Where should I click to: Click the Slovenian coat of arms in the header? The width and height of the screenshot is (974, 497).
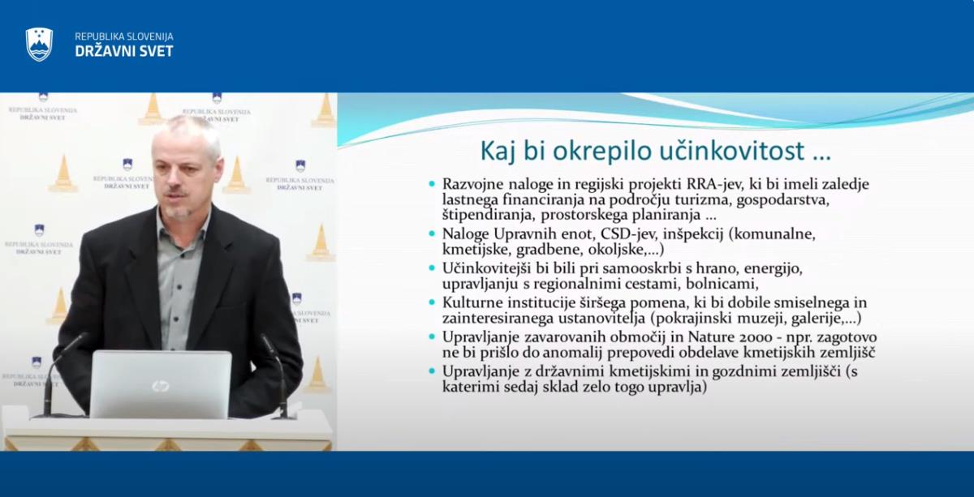pyautogui.click(x=39, y=45)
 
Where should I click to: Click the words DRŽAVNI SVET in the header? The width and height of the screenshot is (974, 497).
pyautogui.click(x=124, y=51)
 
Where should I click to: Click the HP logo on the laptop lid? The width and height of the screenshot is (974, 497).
pyautogui.click(x=161, y=386)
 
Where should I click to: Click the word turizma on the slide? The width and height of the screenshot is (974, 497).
pyautogui.click(x=702, y=199)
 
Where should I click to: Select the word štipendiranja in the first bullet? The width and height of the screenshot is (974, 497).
pyautogui.click(x=488, y=215)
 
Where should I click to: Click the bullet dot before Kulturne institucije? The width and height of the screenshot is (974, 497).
pyautogui.click(x=432, y=302)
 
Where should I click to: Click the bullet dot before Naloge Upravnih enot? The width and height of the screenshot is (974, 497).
pyautogui.click(x=432, y=234)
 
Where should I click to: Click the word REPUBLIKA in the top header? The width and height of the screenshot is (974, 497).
pyautogui.click(x=97, y=36)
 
